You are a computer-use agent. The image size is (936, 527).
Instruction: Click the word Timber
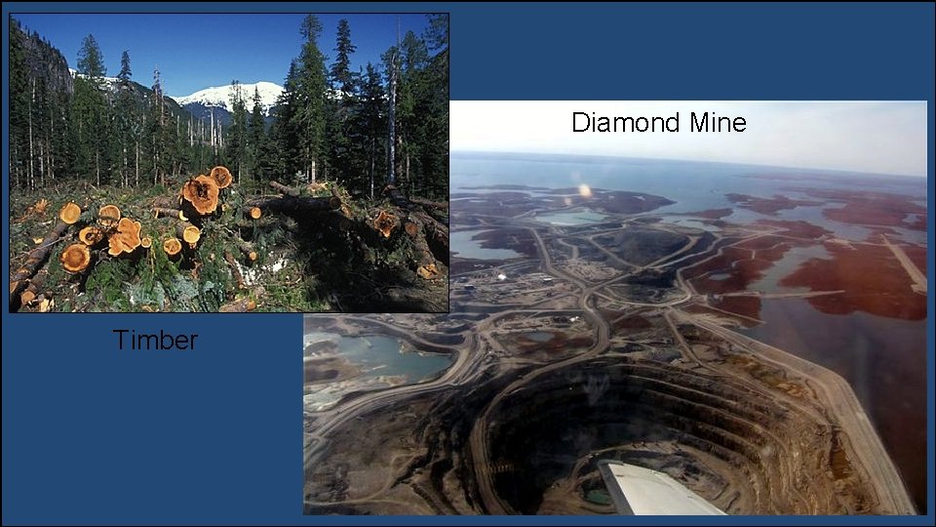pos(155,340)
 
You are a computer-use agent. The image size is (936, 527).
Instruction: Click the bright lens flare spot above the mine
pos(585,190)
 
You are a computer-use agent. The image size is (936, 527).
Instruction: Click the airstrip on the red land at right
pos(907,263)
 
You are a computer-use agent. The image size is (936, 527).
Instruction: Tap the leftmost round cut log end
pos(70,213)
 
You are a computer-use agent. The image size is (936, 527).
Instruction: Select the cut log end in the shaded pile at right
pos(386,223)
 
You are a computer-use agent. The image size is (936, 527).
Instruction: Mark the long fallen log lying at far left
pos(34,259)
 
